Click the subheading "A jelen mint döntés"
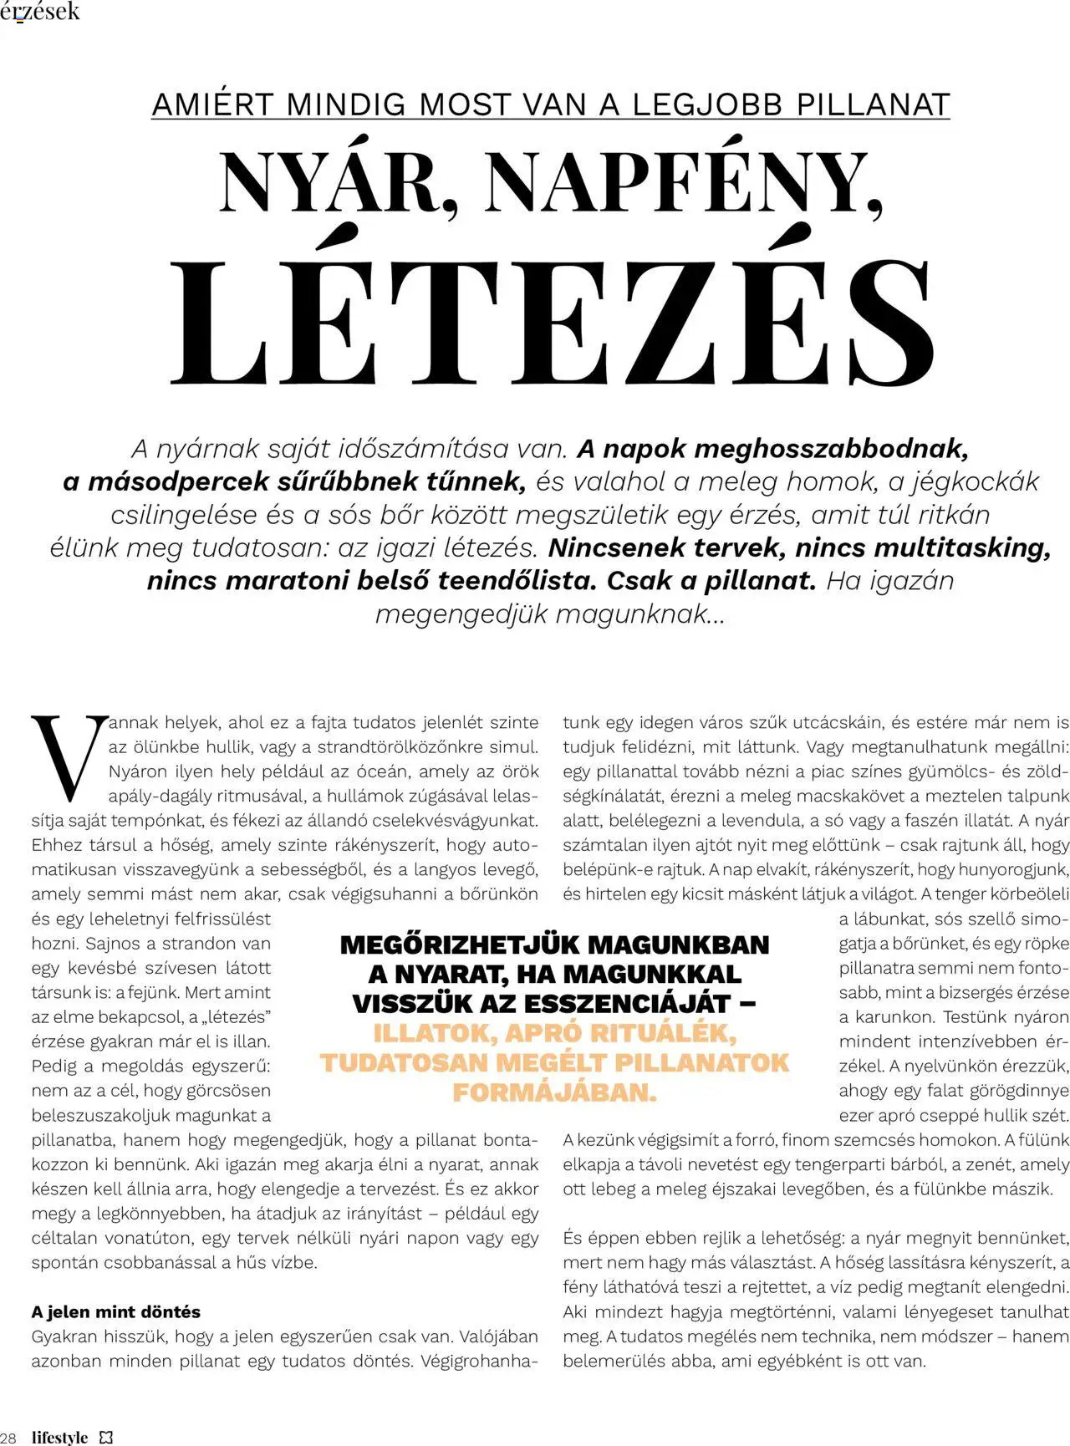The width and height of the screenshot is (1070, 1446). click(115, 1311)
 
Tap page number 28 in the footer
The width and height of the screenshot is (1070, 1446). click(11, 1437)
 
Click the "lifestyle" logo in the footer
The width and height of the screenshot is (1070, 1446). click(59, 1437)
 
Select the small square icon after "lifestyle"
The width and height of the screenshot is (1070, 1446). click(106, 1437)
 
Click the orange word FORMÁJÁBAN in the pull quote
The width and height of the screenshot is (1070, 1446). click(554, 1092)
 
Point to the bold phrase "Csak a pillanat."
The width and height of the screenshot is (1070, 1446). click(711, 581)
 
